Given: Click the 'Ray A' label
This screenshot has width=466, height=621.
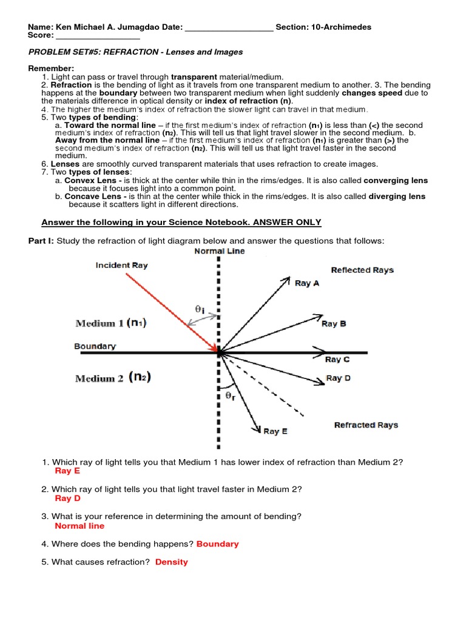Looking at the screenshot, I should coord(307,283).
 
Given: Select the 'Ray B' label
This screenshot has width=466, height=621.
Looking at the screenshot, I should coord(334,324).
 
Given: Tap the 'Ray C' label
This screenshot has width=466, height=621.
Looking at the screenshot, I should coord(337,360).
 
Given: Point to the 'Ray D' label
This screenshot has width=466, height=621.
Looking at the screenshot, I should coord(338,378).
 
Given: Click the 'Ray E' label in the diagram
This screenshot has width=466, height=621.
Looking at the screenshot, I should coord(275,431).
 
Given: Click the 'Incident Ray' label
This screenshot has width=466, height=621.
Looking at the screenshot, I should coord(121,266).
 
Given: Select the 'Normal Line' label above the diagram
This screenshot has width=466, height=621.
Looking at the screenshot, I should coord(220,251).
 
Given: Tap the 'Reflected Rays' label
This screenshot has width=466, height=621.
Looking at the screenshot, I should coord(362,270).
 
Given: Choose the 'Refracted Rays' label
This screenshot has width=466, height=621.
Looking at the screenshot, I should coord(366,425).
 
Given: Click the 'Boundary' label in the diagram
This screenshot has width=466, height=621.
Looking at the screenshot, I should coord(95,346).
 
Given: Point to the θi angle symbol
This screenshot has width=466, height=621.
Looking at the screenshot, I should coord(200,309).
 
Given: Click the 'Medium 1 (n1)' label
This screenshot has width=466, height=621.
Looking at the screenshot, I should coord(110,323).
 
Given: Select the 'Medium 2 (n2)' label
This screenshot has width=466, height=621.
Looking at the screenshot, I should coord(113,378).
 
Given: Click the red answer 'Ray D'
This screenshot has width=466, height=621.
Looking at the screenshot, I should coord(67,498).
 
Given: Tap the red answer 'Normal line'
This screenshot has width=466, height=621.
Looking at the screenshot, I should coord(79,526).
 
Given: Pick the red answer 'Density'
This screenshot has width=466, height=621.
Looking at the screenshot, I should coord(172,562).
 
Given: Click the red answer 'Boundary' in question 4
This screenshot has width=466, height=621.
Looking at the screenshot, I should coord(217,544).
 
